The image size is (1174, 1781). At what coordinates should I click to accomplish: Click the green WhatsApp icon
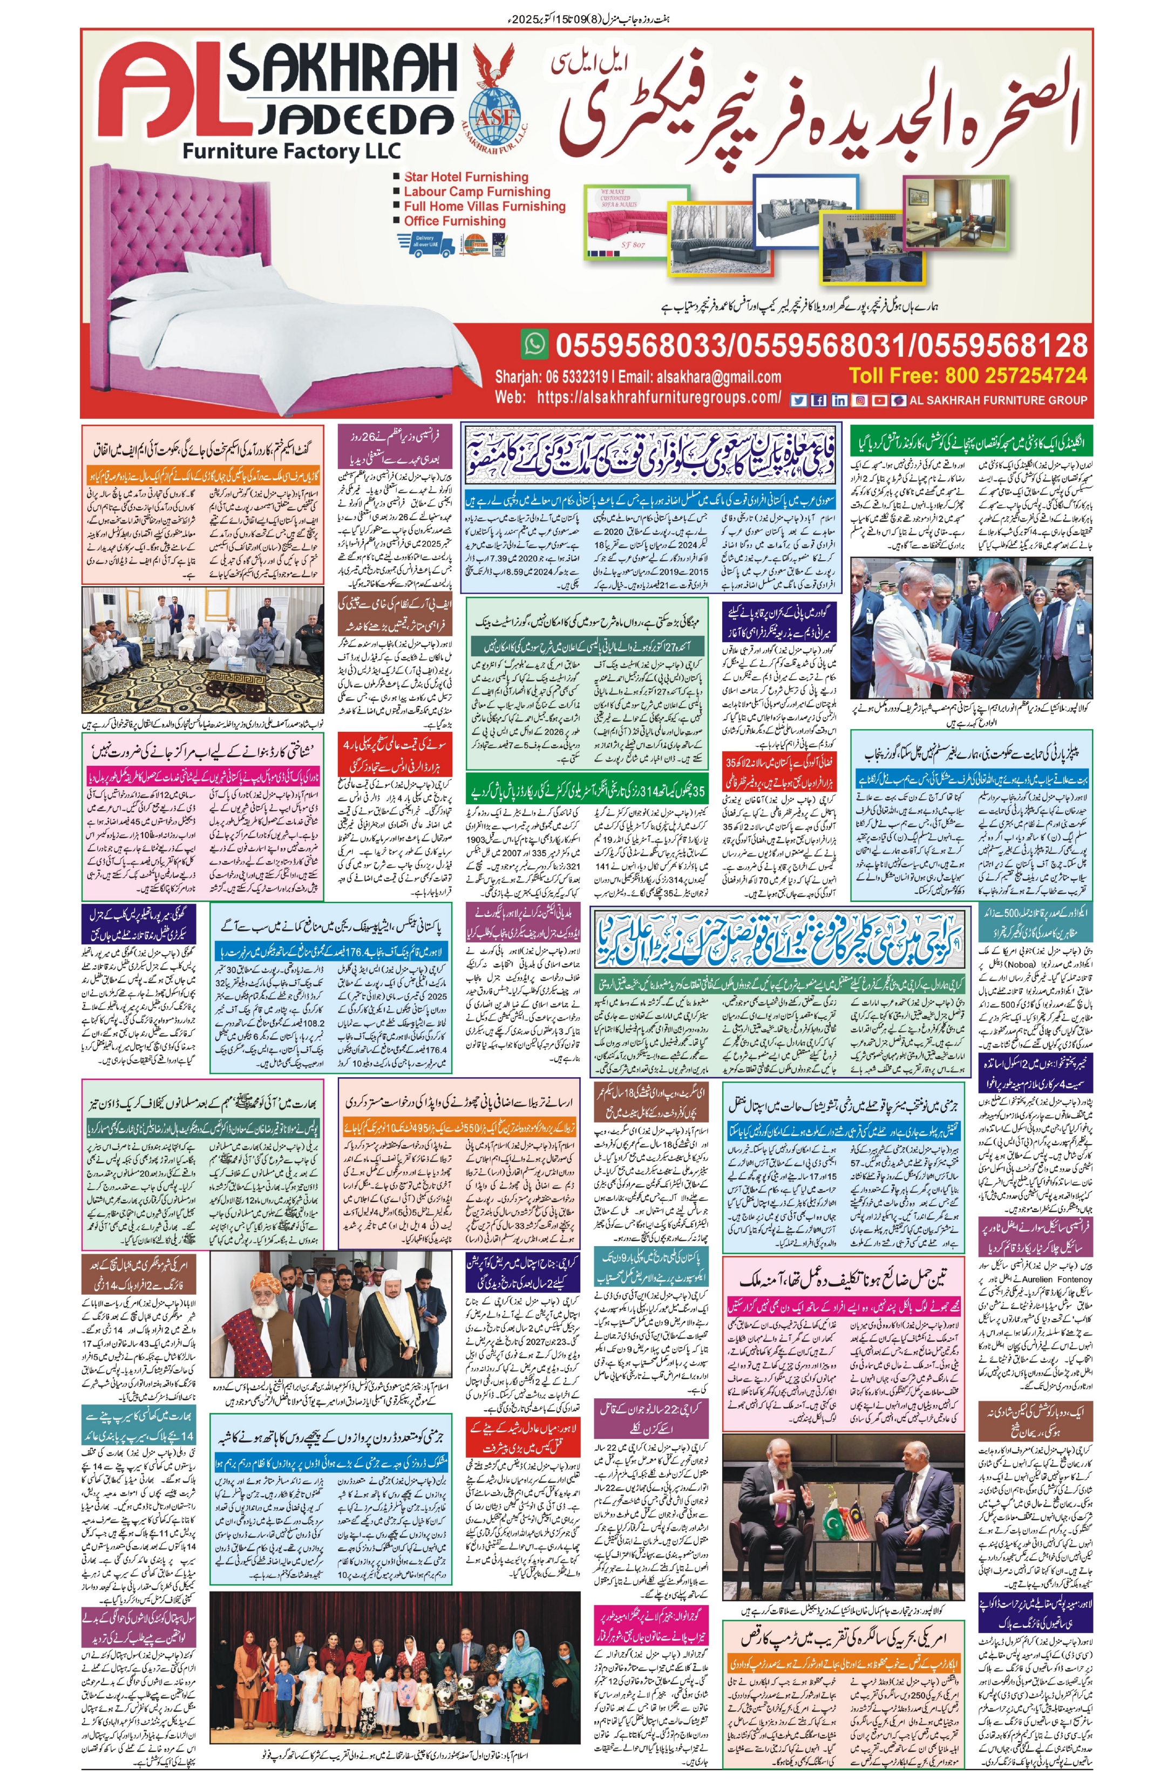[x=534, y=344]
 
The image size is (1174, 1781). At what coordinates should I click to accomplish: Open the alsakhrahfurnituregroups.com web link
[x=659, y=398]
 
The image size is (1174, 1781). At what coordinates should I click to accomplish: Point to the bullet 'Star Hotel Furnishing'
[x=466, y=178]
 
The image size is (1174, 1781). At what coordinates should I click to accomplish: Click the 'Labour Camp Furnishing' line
[x=476, y=192]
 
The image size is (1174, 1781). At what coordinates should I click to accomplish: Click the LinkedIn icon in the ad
[x=839, y=400]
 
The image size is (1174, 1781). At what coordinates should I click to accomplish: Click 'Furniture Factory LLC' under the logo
[x=292, y=151]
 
